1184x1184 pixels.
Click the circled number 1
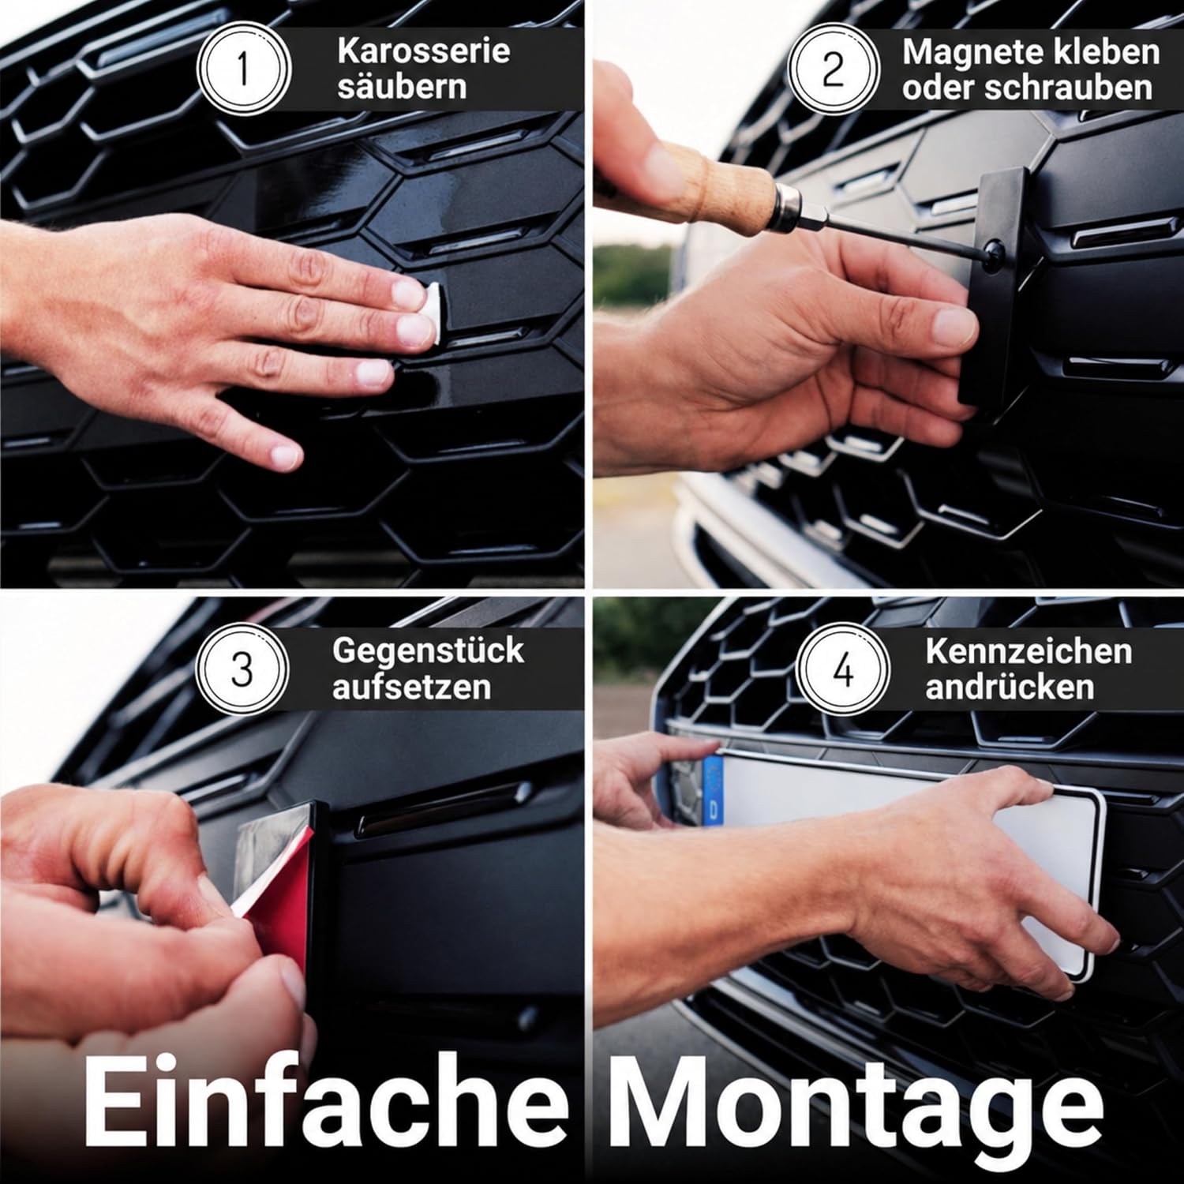pos(243,69)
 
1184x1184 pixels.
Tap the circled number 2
pos(833,69)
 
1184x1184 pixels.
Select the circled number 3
pos(242,669)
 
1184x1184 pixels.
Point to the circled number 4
pos(844,672)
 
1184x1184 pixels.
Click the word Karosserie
pos(423,51)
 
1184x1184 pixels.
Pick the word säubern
pos(402,86)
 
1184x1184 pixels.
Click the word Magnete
pos(965,52)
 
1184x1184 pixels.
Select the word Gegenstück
pos(428,651)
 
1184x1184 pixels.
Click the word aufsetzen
pos(411,686)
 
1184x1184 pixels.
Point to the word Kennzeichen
pos(1029,652)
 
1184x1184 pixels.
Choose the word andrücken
pos(1010,687)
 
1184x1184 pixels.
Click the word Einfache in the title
pos(325,1099)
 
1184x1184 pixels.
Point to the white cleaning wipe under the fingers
pos(426,313)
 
